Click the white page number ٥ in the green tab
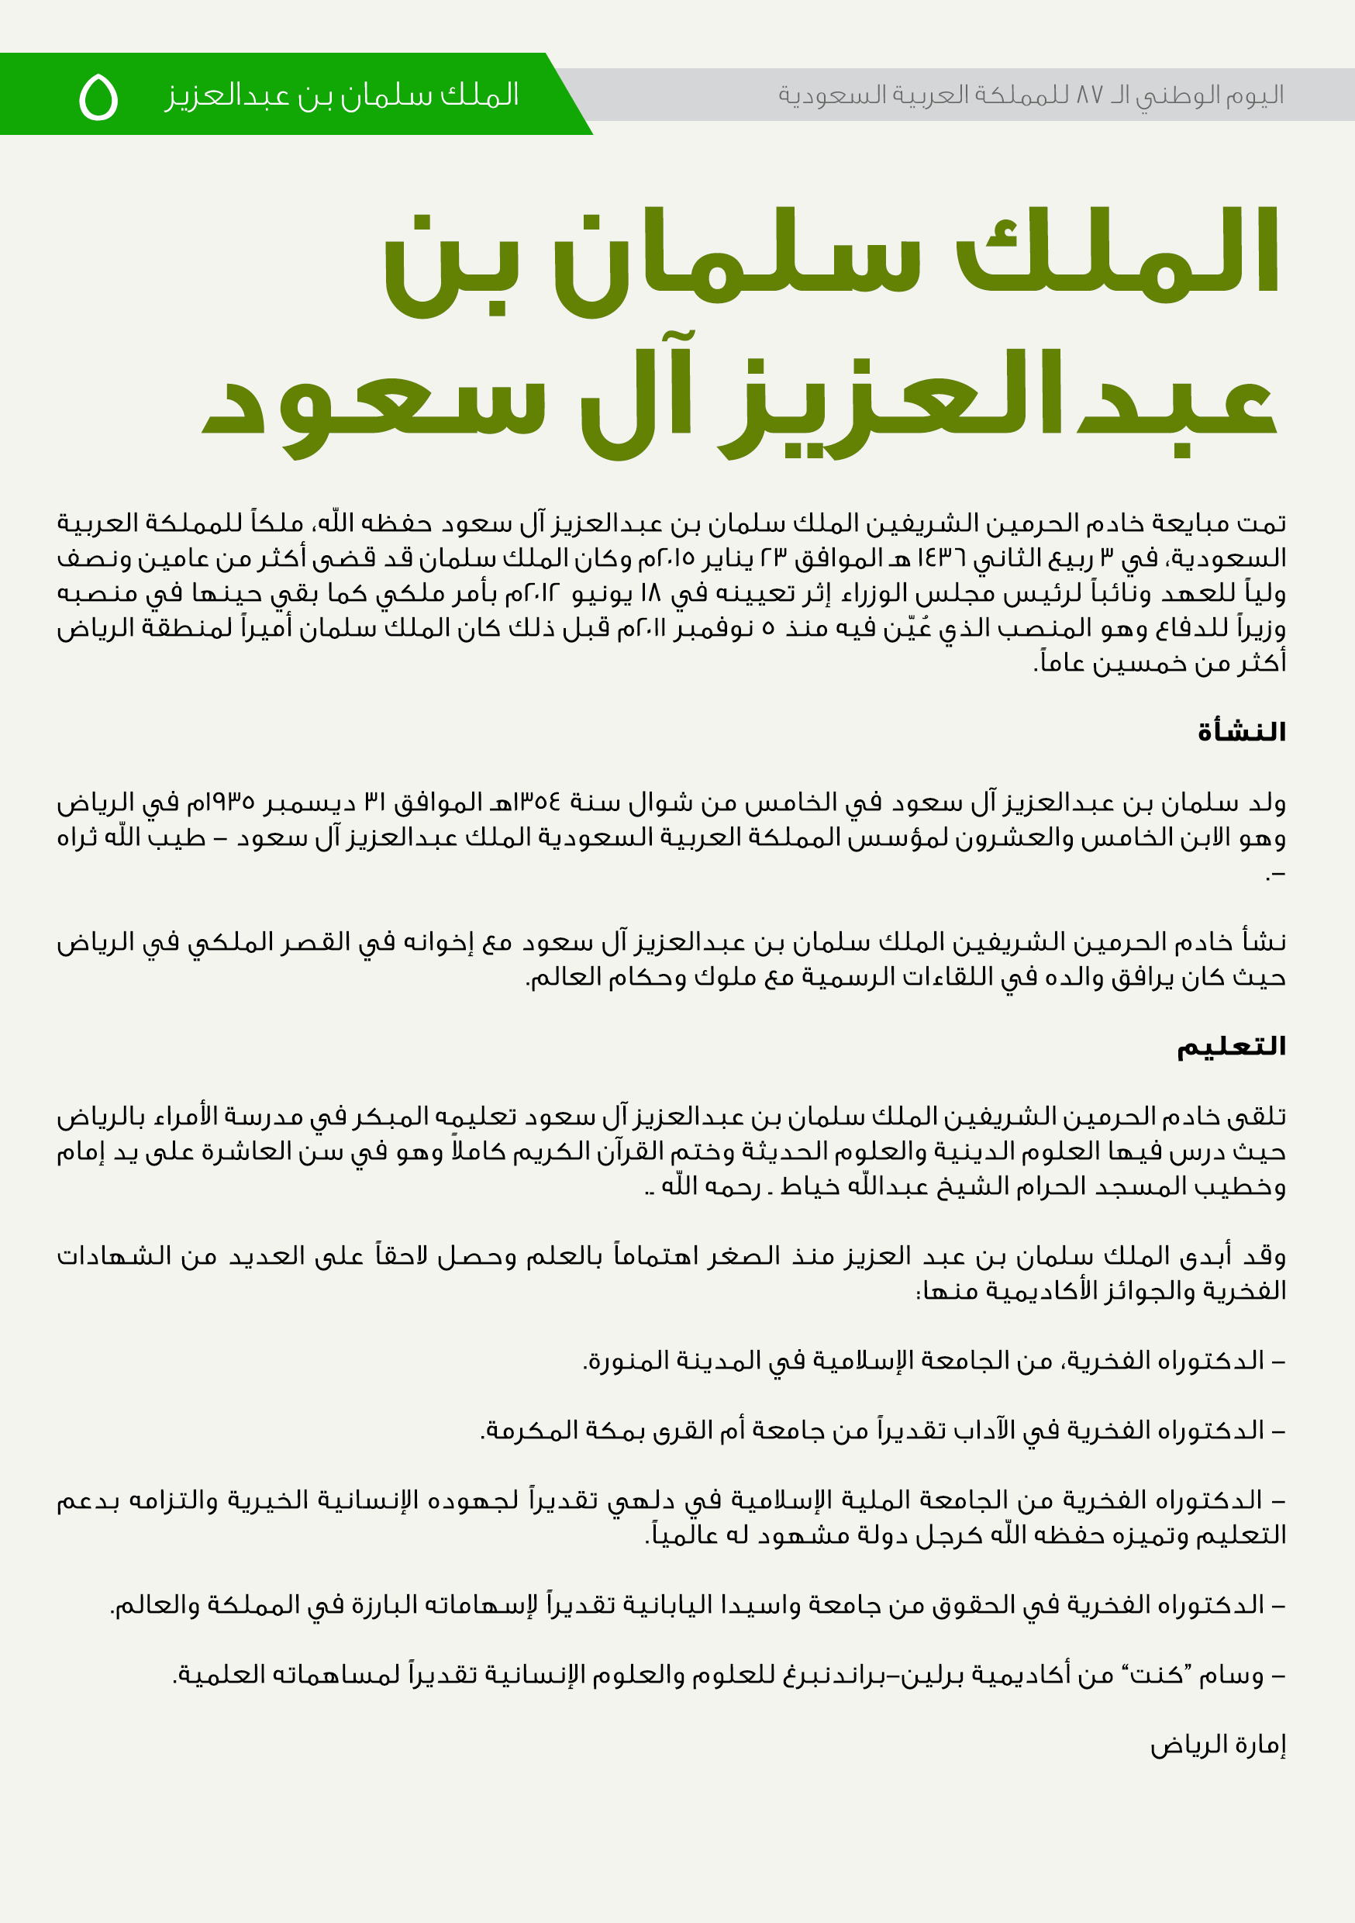98,97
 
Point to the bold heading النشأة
1241,732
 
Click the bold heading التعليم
1231,1046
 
